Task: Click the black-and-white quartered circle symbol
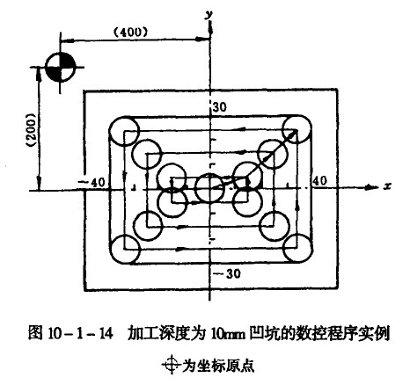click(x=58, y=69)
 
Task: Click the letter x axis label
click(x=386, y=186)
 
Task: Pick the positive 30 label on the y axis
click(x=219, y=106)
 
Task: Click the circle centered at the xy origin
click(x=210, y=187)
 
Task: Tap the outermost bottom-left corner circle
click(x=127, y=250)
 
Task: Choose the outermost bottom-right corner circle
click(x=295, y=250)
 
